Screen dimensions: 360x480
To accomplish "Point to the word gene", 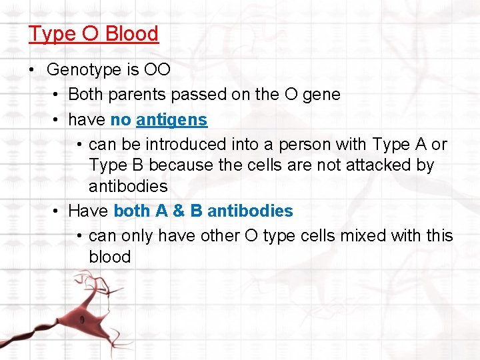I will (x=322, y=95).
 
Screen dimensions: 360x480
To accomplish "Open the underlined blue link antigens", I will (x=171, y=120).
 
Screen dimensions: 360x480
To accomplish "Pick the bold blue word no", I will (x=120, y=120).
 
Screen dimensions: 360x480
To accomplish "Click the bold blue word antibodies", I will (x=250, y=211).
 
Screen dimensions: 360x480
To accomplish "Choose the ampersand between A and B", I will (x=178, y=211).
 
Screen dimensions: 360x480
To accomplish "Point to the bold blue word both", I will (x=132, y=211).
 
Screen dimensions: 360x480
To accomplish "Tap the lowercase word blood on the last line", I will (x=109, y=257).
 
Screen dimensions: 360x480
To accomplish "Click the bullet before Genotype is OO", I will (x=32, y=69).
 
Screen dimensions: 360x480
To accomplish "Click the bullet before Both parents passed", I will (x=55, y=95).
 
